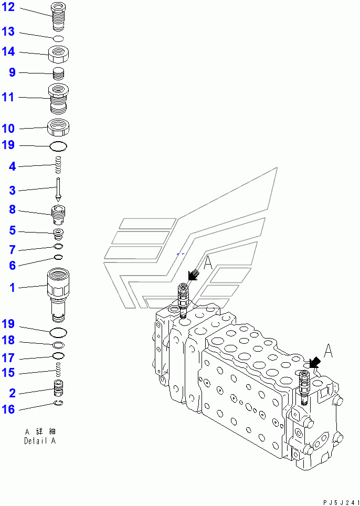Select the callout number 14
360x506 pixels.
(x=8, y=52)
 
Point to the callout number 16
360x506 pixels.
(x=8, y=409)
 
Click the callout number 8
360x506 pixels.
(x=12, y=210)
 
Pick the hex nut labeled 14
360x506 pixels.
(x=59, y=53)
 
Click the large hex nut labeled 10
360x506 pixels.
(x=59, y=127)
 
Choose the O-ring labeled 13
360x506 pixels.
(x=59, y=38)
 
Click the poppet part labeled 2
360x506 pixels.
(x=59, y=391)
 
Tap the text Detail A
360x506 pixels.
(x=39, y=441)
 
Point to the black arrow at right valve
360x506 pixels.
(x=315, y=362)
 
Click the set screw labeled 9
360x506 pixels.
(x=59, y=73)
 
